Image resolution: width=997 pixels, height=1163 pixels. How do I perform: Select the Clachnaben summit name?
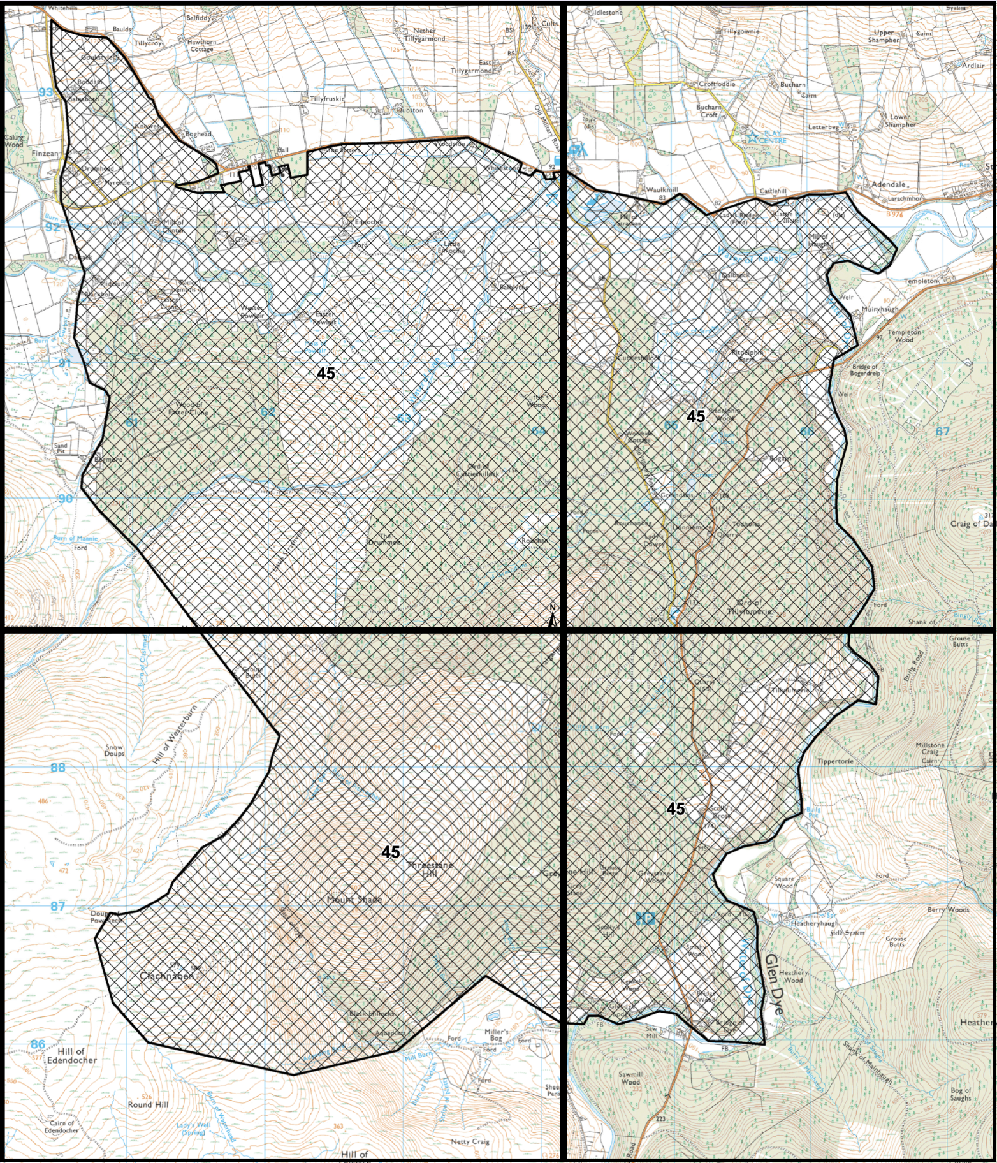point(166,976)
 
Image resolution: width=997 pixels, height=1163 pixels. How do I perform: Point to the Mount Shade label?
point(354,900)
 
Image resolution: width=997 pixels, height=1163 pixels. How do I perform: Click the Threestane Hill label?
point(430,869)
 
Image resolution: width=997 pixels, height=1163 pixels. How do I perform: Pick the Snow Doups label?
point(115,750)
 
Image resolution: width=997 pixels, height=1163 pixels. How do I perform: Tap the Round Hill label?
point(148,1104)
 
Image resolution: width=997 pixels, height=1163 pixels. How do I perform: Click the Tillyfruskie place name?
point(327,99)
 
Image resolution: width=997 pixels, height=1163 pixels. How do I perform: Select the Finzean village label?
point(45,154)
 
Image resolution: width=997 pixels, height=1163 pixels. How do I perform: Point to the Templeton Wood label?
point(904,336)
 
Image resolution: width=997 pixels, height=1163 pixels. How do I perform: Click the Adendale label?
point(888,184)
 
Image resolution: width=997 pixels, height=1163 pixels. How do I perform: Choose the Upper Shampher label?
point(884,36)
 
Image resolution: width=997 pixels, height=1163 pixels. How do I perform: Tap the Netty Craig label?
point(470,1141)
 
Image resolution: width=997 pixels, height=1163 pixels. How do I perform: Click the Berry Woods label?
point(948,910)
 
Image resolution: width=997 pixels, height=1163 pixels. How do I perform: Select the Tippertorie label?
point(835,762)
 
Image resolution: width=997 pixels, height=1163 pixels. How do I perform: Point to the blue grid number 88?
point(58,768)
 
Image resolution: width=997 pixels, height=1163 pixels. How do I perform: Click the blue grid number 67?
point(942,432)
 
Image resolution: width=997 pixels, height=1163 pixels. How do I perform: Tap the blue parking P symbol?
point(645,918)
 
